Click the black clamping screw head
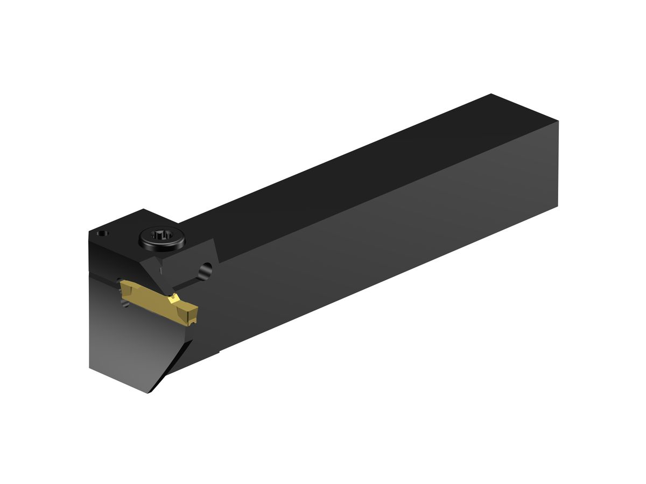tap(161, 239)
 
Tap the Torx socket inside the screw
tap(161, 236)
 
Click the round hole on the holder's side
tap(205, 272)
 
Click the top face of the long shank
tap(350, 177)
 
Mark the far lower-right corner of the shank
tap(558, 205)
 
